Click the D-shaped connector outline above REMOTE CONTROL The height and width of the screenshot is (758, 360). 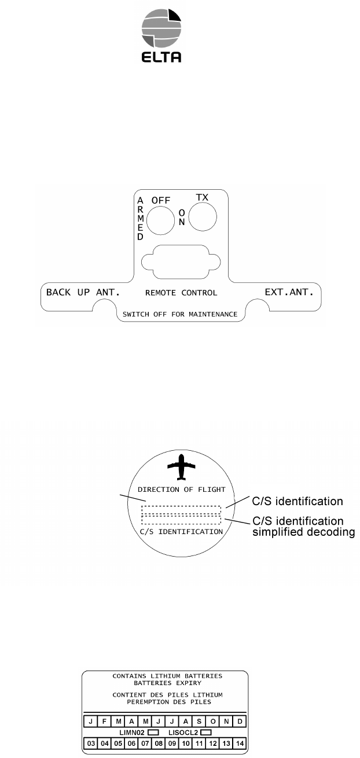181,264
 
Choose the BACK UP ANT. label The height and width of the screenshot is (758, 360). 83,292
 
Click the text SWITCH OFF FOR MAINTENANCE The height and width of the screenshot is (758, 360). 180,314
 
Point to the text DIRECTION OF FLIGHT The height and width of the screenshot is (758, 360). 181,490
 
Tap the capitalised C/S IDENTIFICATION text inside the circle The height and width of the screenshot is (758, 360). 181,531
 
